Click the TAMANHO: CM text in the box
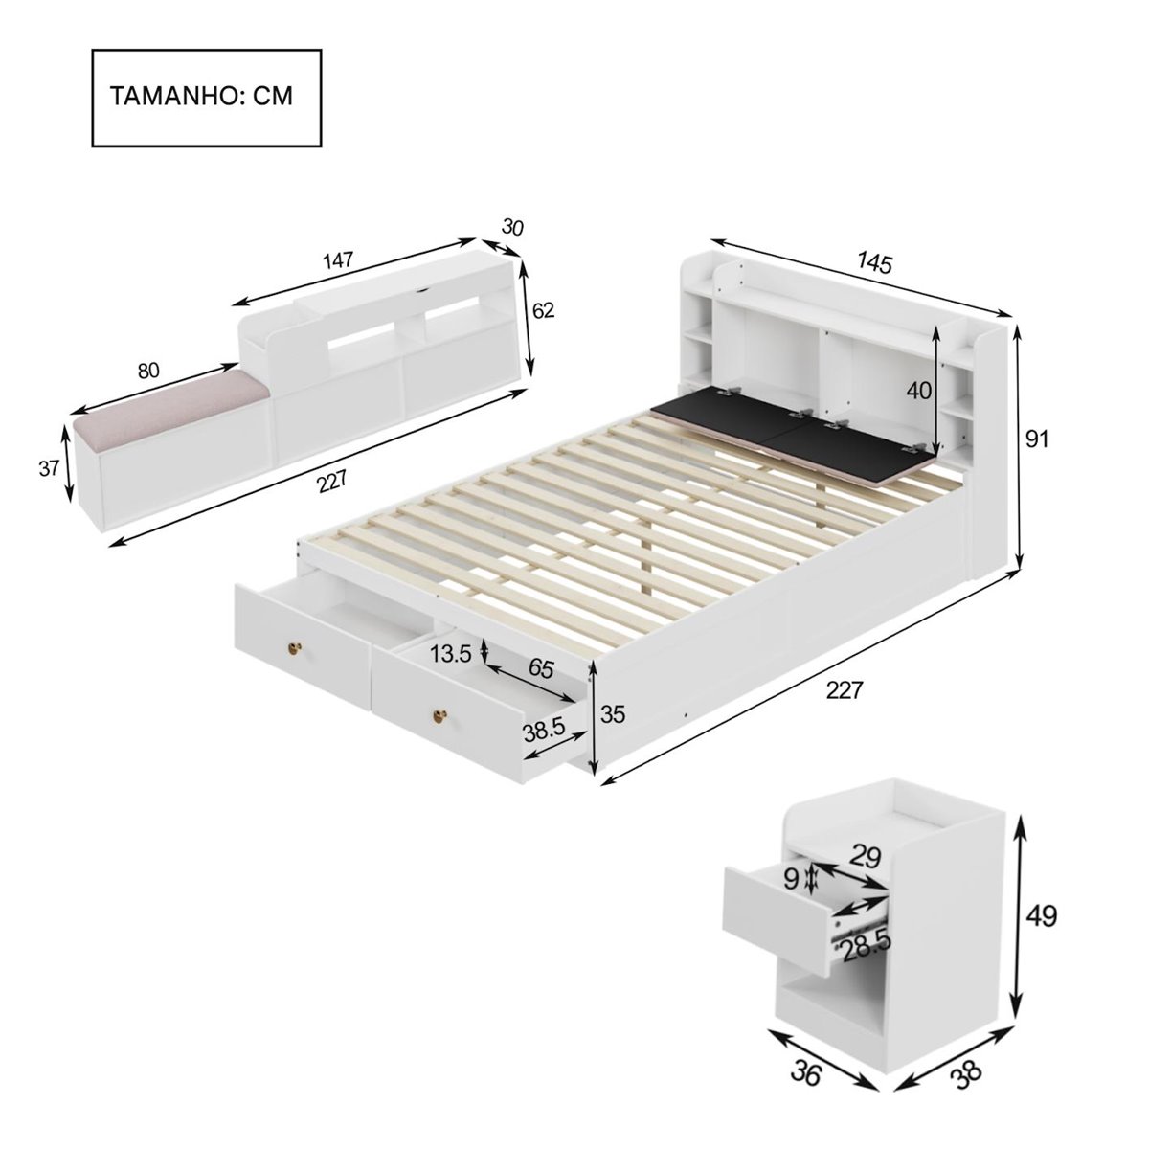202,97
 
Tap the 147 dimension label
338,259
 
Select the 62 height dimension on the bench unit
543,310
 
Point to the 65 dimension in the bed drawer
541,668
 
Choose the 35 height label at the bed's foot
612,713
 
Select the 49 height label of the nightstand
1038,916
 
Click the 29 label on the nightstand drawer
865,857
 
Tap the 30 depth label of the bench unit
513,227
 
